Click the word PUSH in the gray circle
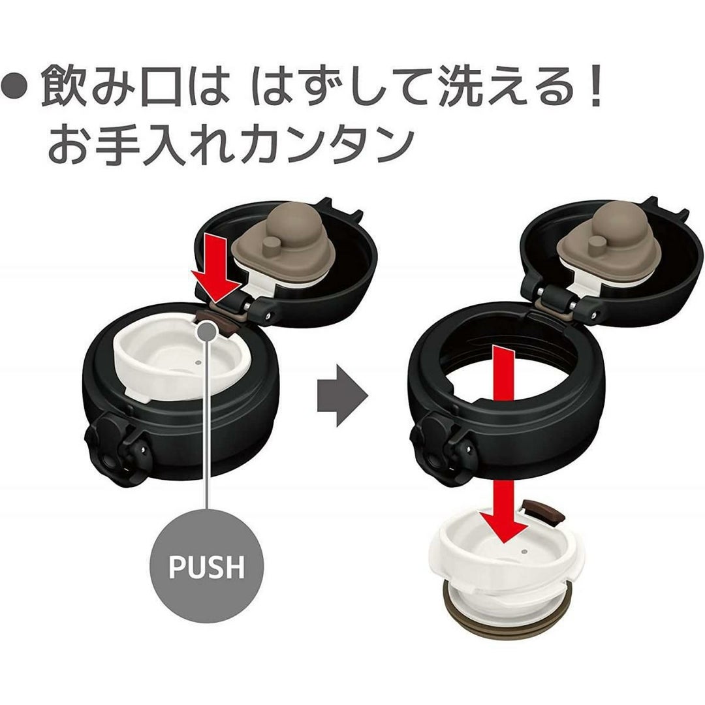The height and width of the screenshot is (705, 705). click(x=206, y=567)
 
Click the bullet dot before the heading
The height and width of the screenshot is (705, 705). click(x=15, y=84)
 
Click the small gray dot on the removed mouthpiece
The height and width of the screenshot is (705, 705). click(x=524, y=551)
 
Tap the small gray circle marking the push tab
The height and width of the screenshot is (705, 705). click(x=207, y=330)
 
